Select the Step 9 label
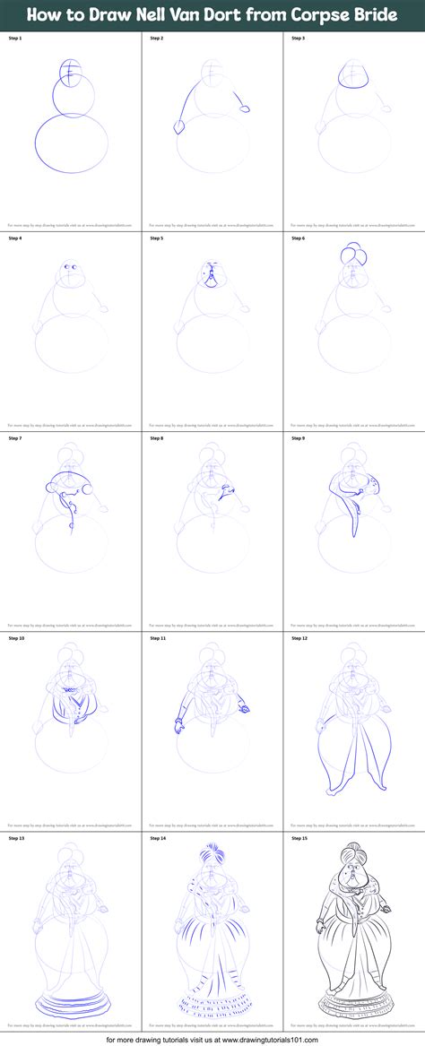click(299, 437)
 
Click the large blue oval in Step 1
click(71, 144)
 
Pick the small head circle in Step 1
click(71, 69)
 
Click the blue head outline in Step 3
click(353, 78)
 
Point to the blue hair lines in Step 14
click(212, 852)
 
